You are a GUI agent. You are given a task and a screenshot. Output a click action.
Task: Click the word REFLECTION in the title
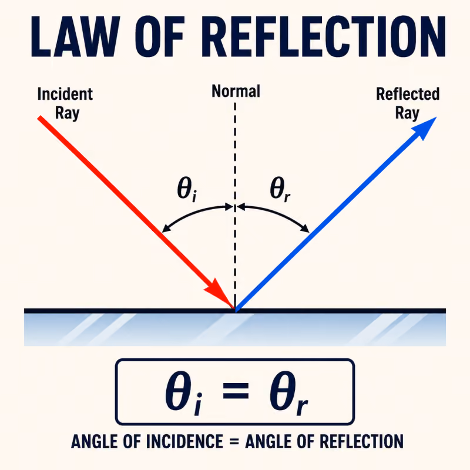click(324, 36)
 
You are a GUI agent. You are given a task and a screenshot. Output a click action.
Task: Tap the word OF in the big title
click(160, 36)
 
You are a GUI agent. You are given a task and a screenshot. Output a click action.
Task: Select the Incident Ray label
click(65, 103)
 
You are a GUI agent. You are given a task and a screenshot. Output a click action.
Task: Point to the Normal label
click(236, 91)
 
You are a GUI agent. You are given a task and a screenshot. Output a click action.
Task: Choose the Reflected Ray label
click(408, 103)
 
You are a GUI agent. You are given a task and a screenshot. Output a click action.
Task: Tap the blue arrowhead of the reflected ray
click(425, 128)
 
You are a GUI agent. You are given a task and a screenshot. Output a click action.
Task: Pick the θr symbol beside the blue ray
click(280, 189)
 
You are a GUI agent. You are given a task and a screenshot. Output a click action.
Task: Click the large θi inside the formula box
click(183, 393)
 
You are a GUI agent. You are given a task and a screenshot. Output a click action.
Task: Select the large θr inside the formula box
click(288, 393)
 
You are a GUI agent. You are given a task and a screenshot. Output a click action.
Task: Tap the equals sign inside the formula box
click(236, 391)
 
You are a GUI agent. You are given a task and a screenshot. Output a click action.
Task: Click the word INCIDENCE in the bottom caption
click(184, 442)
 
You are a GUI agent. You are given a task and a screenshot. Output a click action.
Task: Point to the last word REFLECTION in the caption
click(361, 442)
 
